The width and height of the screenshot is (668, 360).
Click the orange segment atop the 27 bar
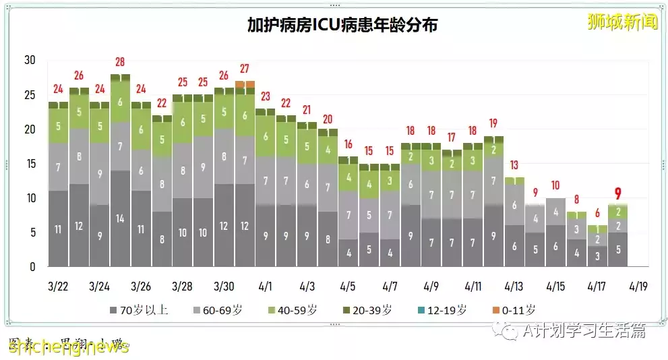click(x=245, y=84)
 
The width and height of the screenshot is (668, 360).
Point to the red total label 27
click(x=245, y=69)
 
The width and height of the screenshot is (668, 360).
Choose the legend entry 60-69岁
click(x=219, y=310)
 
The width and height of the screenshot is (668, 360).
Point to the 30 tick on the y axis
click(x=30, y=60)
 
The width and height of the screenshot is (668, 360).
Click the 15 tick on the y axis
click(x=30, y=163)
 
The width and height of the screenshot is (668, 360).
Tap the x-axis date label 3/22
click(x=58, y=286)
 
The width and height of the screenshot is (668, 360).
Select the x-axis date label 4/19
click(x=638, y=286)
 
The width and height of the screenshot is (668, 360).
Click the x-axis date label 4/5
click(x=348, y=286)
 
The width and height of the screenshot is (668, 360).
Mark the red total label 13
click(x=514, y=165)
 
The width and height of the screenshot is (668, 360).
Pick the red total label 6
click(x=597, y=214)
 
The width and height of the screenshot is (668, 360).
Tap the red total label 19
click(x=493, y=124)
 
